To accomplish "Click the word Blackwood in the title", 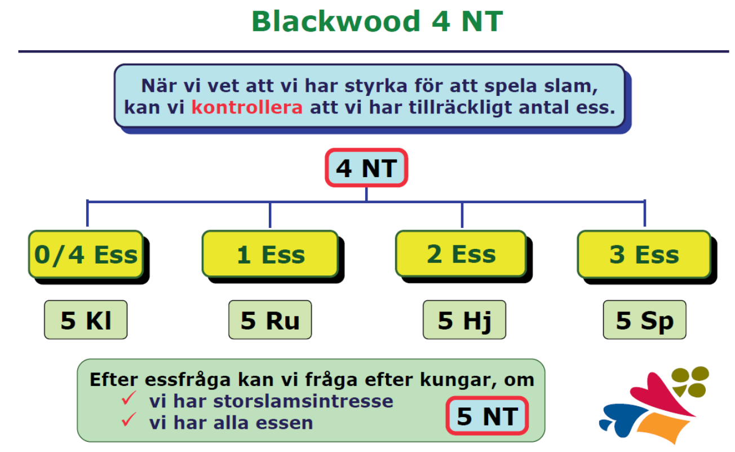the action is (x=336, y=21).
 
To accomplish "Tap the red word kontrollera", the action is (x=247, y=107).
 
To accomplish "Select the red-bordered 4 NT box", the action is (x=366, y=168).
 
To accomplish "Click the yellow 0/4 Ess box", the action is (x=86, y=254).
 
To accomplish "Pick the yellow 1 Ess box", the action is (x=271, y=254).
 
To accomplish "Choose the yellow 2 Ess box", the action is (x=461, y=254).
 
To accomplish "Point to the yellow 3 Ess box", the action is (x=644, y=254).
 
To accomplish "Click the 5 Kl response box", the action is (x=86, y=319).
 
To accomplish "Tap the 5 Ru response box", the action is (x=270, y=319).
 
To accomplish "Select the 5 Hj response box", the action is (x=464, y=319).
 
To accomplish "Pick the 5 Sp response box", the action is (x=644, y=319).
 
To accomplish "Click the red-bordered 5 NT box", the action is (x=487, y=416).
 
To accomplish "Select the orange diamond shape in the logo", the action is (x=663, y=428).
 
